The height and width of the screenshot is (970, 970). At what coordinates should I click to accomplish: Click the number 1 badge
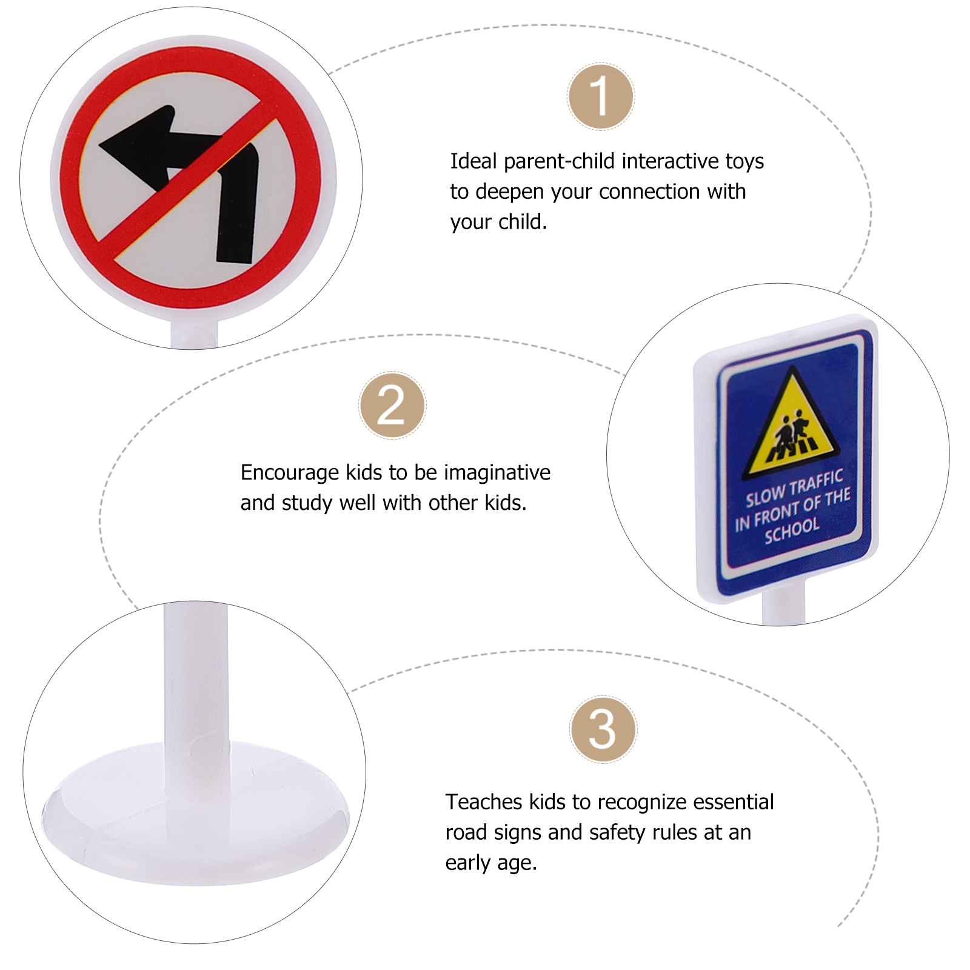coord(601,97)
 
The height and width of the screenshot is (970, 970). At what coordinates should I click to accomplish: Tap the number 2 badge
coord(392,406)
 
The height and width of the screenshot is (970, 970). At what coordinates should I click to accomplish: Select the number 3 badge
coord(603,729)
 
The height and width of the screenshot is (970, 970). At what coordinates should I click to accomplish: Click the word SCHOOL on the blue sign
coord(792,530)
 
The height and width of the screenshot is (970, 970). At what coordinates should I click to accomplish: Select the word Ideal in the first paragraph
coord(473,161)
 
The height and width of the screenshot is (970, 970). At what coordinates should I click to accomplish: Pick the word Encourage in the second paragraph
coord(289,472)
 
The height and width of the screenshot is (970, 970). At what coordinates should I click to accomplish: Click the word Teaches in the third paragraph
coord(484,802)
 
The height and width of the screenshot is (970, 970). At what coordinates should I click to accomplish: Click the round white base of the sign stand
coord(194,831)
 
